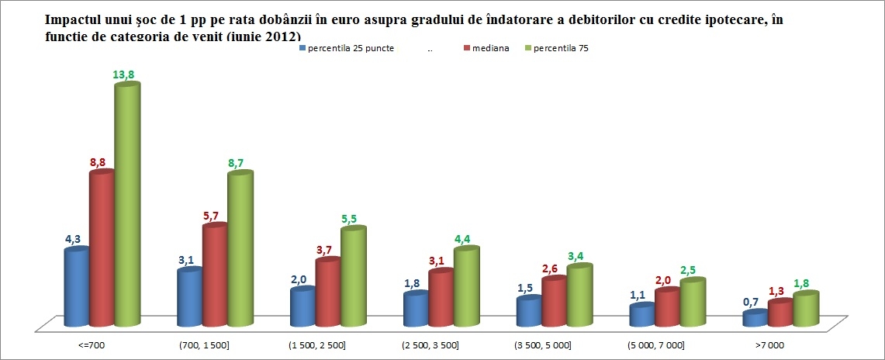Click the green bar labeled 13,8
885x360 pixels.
[127, 206]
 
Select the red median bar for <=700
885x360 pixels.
[102, 248]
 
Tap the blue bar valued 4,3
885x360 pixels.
[76, 287]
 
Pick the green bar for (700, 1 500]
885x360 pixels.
[240, 248]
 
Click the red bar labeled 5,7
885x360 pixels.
[215, 275]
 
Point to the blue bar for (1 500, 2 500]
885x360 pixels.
[302, 308]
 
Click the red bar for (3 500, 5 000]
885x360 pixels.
[554, 303]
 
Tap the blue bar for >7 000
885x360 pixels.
[755, 319]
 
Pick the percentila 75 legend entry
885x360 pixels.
[561, 48]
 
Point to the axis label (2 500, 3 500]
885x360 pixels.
[430, 344]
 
